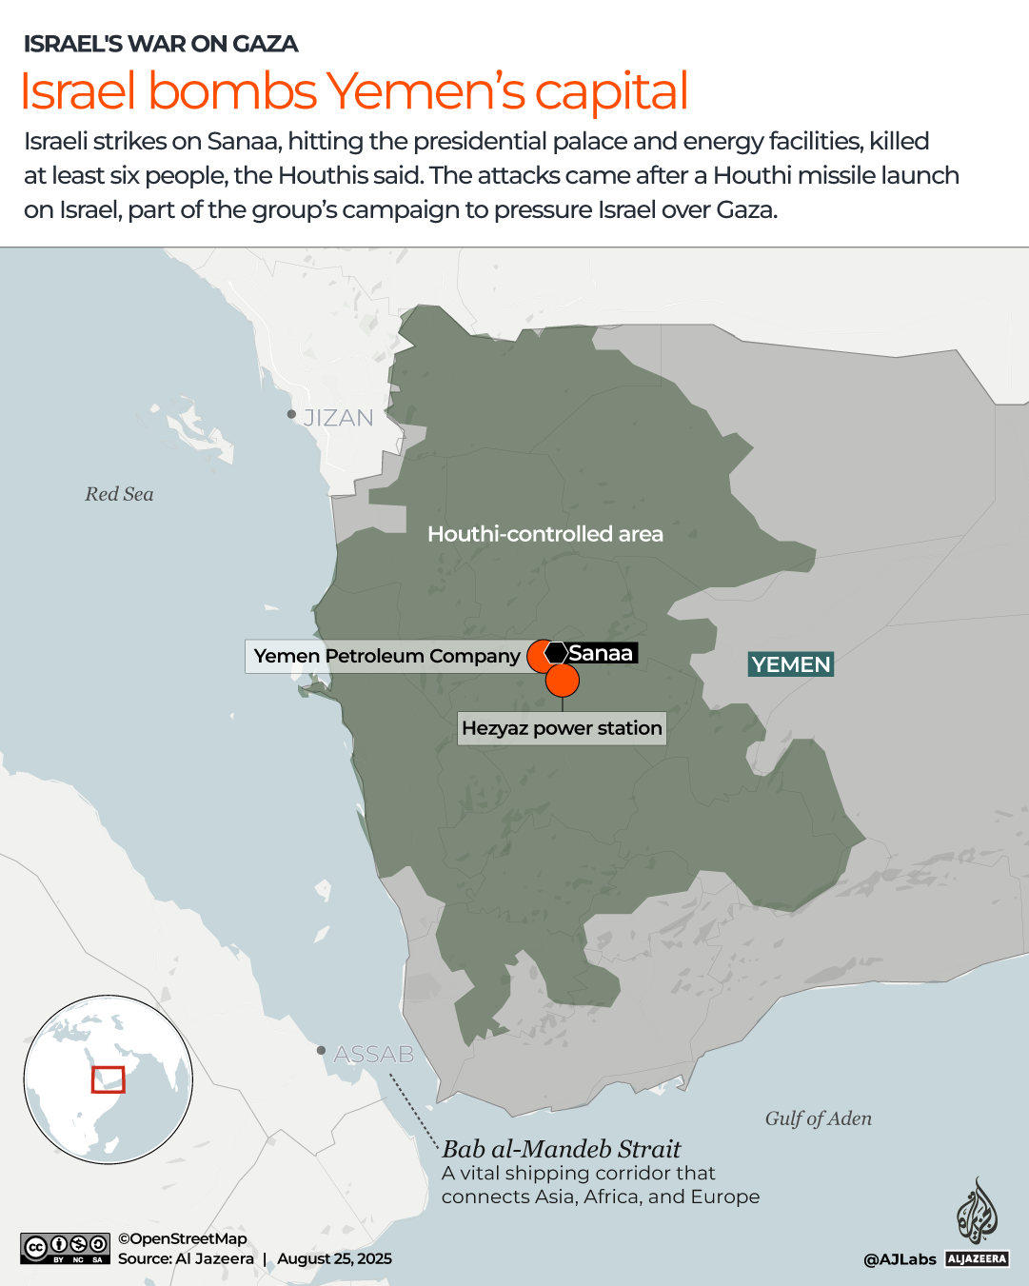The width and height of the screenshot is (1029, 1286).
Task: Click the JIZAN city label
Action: (338, 418)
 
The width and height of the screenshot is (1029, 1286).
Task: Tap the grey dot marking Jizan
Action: (292, 414)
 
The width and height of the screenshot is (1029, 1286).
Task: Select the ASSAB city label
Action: (374, 1054)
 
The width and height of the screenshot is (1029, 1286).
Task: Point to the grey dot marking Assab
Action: (322, 1050)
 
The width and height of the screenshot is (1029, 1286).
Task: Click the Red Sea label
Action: (119, 494)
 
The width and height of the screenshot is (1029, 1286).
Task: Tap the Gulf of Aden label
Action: (818, 1118)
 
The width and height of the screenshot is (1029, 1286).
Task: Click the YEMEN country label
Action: (791, 664)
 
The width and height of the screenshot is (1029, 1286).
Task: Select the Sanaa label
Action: (601, 653)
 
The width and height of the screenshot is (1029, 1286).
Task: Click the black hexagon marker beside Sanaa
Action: (557, 653)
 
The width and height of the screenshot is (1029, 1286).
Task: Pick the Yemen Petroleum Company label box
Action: (386, 656)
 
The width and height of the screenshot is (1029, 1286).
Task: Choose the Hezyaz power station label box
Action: (562, 728)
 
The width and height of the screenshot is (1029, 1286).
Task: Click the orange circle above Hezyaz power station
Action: (563, 681)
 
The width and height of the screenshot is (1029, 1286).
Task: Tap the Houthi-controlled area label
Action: (545, 534)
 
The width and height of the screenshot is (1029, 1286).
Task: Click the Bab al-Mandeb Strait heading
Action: (562, 1149)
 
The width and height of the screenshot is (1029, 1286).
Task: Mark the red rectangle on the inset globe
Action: (109, 1079)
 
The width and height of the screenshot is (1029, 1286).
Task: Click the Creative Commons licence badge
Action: (66, 1248)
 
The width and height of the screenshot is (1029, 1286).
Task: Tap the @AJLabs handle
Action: (900, 1259)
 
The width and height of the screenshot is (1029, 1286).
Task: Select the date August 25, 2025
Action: (334, 1258)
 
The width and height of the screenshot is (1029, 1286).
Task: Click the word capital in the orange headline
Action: (611, 91)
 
